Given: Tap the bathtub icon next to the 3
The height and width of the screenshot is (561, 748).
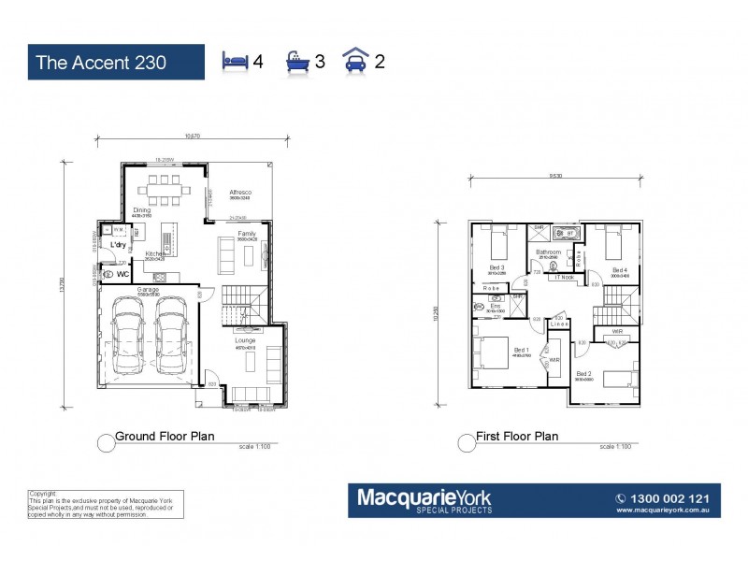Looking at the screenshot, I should [x=297, y=62].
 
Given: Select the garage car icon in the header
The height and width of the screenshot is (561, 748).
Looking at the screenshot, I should [x=356, y=62].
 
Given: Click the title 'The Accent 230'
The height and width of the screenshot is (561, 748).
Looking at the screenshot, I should [x=101, y=63].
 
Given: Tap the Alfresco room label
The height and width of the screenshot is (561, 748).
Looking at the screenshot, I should [x=241, y=193].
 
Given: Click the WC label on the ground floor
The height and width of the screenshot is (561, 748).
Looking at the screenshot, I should [x=122, y=274].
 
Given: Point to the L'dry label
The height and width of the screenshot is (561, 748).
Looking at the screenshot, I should [x=119, y=245].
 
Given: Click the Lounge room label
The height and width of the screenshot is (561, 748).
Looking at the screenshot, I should [x=244, y=340].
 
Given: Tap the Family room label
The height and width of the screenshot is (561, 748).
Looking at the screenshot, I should [x=247, y=234].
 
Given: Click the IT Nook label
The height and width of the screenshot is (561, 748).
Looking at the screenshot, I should [x=564, y=278].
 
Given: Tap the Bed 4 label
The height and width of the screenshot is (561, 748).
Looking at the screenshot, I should [x=619, y=270].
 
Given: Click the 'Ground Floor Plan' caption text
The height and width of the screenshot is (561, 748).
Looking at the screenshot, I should [x=165, y=436].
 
